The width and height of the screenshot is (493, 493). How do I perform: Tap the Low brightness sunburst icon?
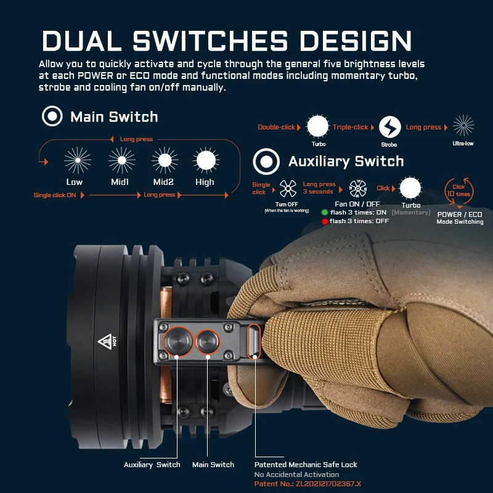click(78, 160)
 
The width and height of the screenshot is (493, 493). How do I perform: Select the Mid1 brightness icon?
click(121, 160)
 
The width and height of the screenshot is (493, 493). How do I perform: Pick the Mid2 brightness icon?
click(165, 160)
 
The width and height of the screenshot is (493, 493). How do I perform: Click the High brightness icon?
click(205, 160)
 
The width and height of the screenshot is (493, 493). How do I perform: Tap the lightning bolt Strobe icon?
click(389, 127)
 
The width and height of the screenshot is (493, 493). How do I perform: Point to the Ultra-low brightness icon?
click(463, 126)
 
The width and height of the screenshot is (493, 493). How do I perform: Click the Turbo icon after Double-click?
click(318, 126)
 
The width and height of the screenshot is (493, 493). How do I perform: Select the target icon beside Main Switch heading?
click(52, 116)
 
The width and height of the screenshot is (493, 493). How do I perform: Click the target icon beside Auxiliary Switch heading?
click(266, 162)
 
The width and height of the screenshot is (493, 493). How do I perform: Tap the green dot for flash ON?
click(325, 212)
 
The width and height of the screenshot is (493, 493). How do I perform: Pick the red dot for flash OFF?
click(325, 221)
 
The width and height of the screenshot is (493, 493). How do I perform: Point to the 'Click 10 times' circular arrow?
click(459, 190)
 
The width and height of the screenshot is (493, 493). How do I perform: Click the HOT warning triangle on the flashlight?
click(104, 342)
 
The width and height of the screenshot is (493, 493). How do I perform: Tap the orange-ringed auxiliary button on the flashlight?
click(177, 341)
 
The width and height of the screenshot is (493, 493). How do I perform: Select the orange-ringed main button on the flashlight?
click(208, 341)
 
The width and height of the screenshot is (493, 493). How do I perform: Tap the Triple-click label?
click(351, 127)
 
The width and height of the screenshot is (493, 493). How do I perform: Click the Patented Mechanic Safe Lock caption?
click(306, 464)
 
